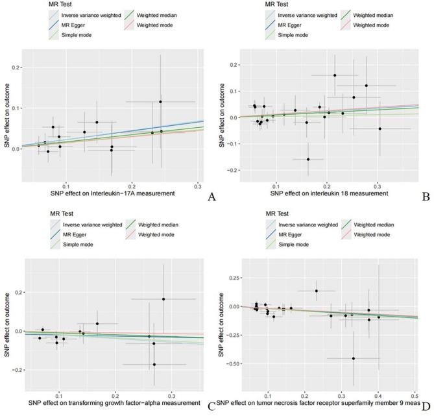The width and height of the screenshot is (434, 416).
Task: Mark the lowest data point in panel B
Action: coord(308,159)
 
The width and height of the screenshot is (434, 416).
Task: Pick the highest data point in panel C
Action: coord(163,299)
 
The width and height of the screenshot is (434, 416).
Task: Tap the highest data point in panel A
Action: coord(160,102)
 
